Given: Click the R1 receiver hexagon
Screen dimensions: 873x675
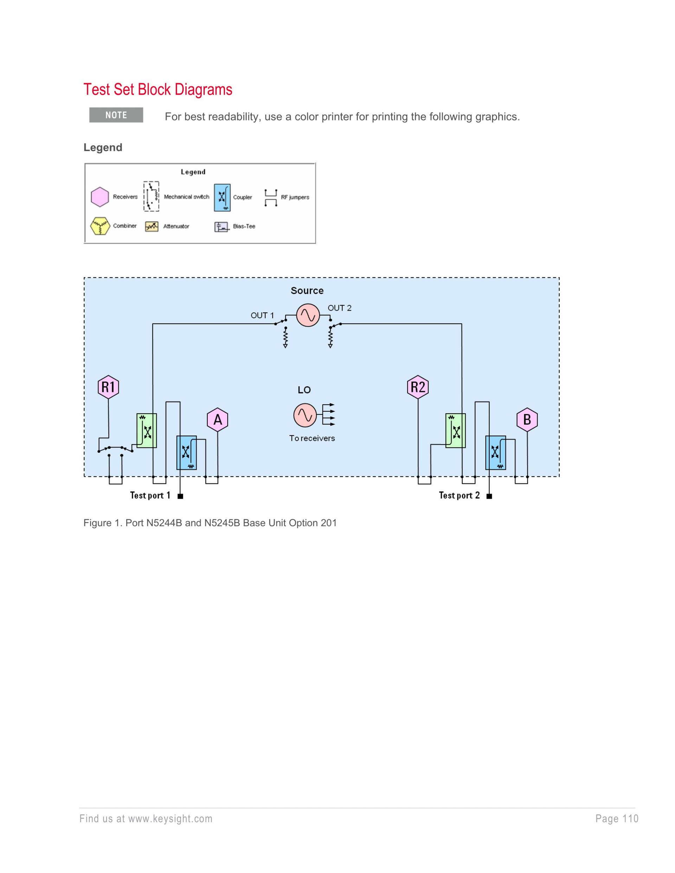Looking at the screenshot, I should tap(108, 387).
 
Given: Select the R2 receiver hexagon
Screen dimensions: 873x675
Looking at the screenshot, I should tap(418, 387).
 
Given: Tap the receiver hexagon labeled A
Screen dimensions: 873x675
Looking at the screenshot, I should tap(218, 420).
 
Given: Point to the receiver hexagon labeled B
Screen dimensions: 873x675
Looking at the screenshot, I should tap(527, 420).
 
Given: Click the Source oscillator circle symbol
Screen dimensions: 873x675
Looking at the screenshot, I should tap(308, 315).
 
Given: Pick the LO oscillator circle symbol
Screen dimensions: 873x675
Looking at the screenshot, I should tap(305, 415).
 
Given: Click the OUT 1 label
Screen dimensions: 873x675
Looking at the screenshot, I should tap(262, 315).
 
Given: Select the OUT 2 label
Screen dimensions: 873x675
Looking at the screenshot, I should tap(340, 308).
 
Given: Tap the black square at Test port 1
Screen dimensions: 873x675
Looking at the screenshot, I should tap(180, 497).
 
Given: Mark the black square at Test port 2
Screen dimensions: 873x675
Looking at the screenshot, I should tap(489, 497).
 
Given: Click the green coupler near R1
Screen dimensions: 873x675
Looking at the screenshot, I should tap(147, 431).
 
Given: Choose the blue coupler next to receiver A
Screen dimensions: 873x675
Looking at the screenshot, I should tap(186, 452).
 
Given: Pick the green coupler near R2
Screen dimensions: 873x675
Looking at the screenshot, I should tap(456, 431).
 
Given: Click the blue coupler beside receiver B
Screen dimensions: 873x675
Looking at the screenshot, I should tap(495, 452).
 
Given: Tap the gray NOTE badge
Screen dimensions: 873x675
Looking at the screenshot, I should tap(116, 115).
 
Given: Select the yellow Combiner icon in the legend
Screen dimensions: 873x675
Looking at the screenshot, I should tap(100, 226).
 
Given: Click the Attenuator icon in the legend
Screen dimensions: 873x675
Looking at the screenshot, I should tap(152, 227).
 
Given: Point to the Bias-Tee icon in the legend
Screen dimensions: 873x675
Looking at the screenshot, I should tap(221, 227).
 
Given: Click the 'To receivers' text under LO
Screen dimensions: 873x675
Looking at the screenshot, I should tap(312, 438).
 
